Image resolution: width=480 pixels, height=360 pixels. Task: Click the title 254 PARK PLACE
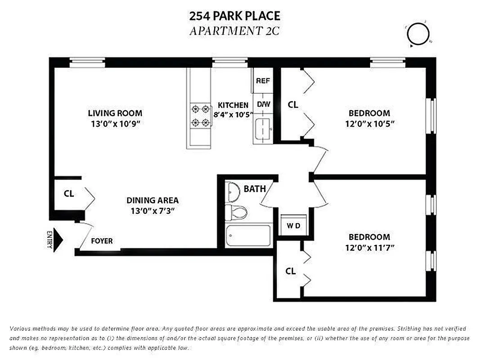click(234, 16)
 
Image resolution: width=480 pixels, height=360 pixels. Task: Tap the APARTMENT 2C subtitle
click(234, 31)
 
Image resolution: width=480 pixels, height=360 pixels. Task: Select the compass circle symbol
click(418, 33)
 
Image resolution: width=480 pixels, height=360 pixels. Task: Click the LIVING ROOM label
click(115, 113)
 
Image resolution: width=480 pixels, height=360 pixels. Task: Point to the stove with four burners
click(200, 115)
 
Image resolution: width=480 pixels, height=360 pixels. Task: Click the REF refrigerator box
click(263, 81)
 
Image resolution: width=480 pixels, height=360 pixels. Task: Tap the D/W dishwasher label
click(264, 104)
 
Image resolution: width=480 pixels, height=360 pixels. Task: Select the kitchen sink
click(262, 129)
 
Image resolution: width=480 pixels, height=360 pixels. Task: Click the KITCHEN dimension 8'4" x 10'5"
click(233, 114)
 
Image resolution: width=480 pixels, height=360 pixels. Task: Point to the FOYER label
click(102, 241)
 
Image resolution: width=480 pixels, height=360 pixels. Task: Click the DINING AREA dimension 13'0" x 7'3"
click(152, 210)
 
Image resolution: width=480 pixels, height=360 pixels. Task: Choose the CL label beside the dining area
click(69, 194)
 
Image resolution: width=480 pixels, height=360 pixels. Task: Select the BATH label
click(255, 189)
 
